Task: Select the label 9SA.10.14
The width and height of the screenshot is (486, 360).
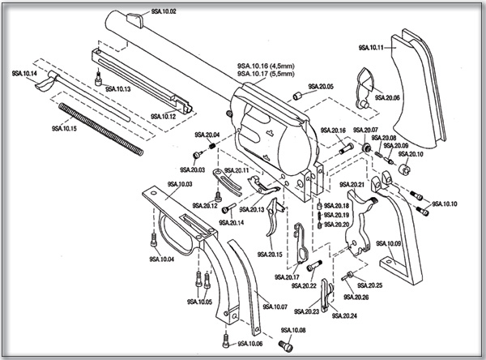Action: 25,73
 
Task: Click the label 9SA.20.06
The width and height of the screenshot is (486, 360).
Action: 386,97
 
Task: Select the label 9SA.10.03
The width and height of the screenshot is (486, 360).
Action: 180,184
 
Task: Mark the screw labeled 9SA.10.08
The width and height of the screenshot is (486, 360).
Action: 284,345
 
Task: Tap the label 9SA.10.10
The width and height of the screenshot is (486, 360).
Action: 446,204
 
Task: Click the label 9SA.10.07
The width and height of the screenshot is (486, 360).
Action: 275,306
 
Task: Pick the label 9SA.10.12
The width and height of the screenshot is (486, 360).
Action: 163,117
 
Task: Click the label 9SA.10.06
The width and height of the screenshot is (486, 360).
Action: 251,344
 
